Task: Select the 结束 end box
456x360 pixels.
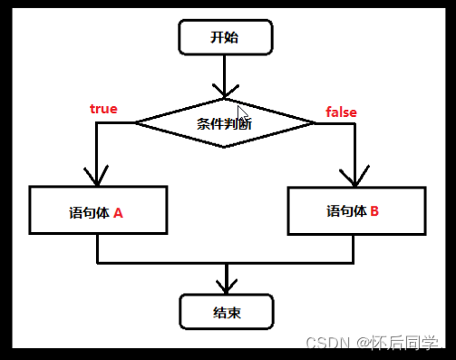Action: [x=227, y=312]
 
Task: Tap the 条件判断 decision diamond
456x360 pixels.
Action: [x=224, y=122]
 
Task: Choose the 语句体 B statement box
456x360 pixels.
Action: [x=354, y=212]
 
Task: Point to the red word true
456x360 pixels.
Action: [x=103, y=109]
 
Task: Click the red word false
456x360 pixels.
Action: [x=341, y=112]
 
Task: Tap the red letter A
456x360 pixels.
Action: [x=118, y=214]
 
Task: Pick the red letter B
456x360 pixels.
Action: [x=374, y=211]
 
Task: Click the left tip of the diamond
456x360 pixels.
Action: [x=135, y=122]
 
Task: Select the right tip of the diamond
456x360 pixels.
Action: [x=313, y=122]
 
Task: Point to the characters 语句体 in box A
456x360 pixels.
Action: [x=88, y=214]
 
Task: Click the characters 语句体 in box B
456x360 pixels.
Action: [x=346, y=211]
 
